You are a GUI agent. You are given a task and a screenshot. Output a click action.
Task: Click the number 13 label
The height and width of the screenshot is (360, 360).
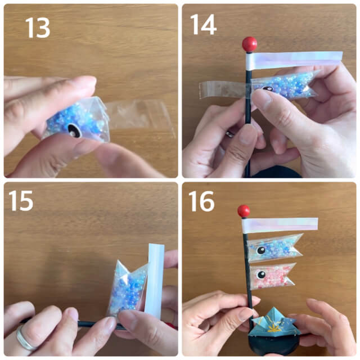coord(38,28)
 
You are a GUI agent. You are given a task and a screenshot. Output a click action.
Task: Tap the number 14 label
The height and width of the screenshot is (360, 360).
coord(204,25)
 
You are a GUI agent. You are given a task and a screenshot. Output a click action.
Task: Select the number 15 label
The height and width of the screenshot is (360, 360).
coord(21,201)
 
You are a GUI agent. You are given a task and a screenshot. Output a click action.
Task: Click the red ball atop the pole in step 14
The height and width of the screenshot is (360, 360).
coord(249,44)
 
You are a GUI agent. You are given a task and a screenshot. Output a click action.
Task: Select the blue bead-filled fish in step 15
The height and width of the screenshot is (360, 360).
coord(127,287)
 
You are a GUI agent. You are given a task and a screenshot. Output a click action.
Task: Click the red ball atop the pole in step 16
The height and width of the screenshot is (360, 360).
coord(244,211)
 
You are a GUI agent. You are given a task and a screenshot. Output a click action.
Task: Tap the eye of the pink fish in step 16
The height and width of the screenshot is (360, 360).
coord(260,275)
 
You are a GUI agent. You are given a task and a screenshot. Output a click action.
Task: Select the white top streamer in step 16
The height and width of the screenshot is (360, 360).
coord(280,226)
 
